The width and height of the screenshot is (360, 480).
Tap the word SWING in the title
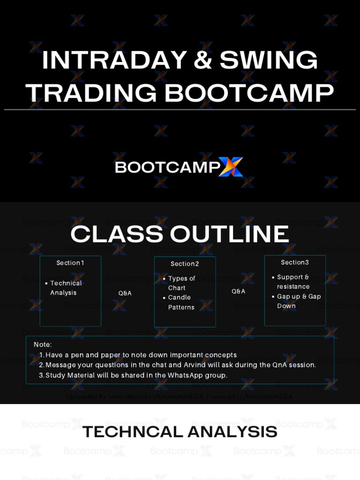point(269,60)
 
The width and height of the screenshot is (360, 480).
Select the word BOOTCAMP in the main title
point(249,93)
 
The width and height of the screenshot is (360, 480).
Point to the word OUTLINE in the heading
point(230,234)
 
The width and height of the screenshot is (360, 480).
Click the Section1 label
point(70,263)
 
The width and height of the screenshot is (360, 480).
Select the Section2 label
point(185,264)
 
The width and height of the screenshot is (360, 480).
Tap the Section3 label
point(295,262)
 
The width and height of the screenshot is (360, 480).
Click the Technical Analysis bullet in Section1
point(66,288)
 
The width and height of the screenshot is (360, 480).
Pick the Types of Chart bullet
point(181,283)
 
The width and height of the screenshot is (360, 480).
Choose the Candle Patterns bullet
point(181,302)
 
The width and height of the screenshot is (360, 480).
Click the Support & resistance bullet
point(293,282)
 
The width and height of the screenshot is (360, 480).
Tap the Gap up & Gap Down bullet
point(299,301)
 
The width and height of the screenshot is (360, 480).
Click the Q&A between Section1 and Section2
point(125,293)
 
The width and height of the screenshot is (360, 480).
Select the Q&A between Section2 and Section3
point(239,292)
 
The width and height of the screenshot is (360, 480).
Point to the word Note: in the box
point(43,345)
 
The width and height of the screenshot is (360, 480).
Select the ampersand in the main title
point(203,60)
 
